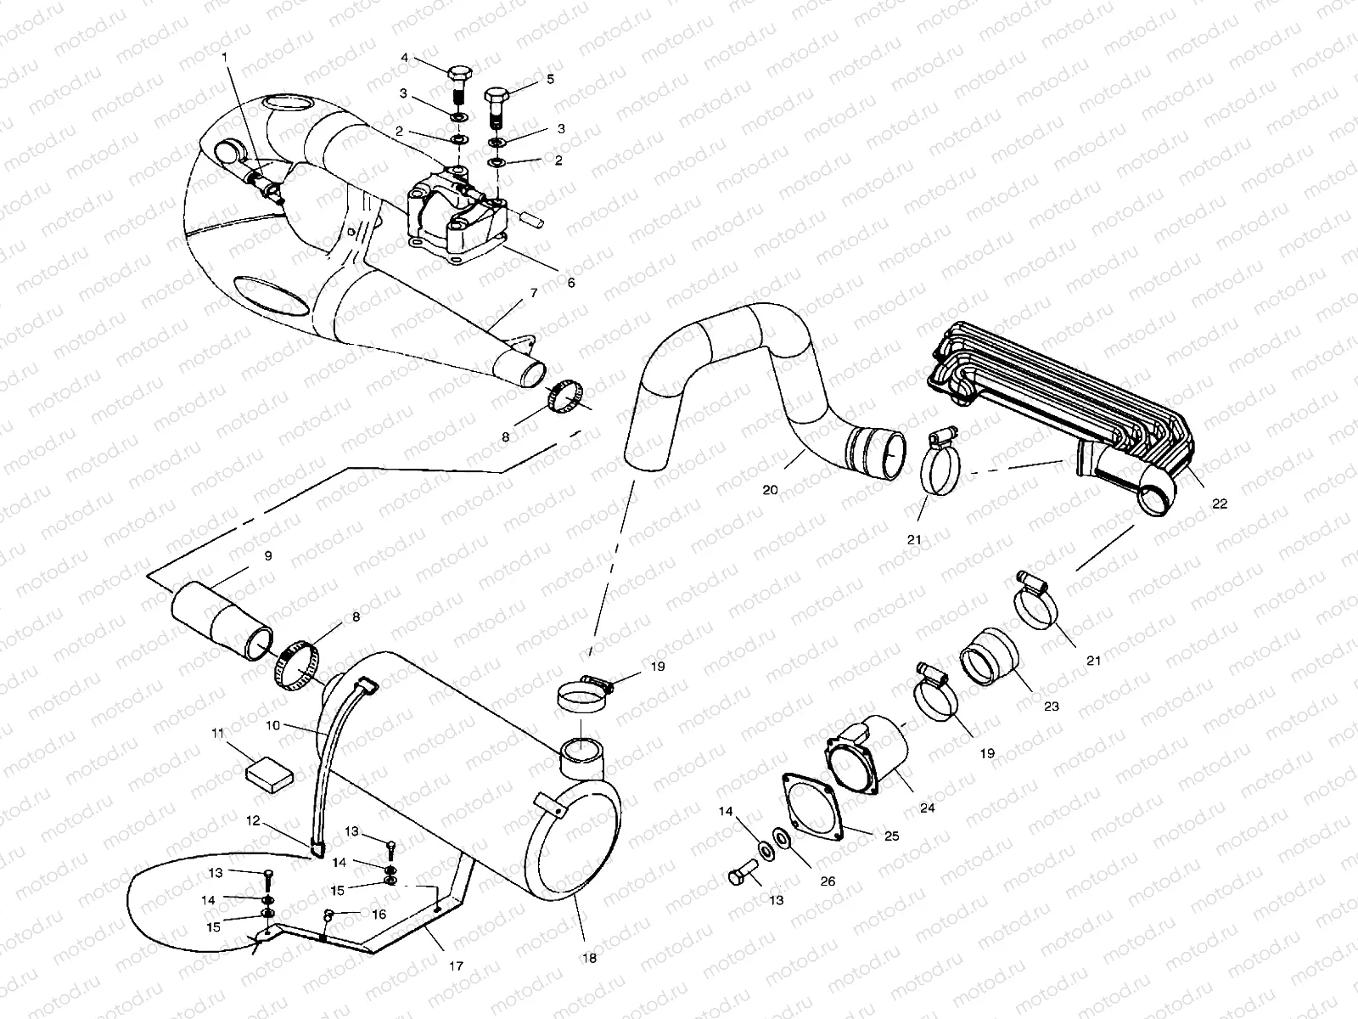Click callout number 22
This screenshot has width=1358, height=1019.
point(1221,504)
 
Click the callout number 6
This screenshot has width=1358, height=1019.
point(571,283)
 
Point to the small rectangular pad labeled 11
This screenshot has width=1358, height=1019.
point(270,774)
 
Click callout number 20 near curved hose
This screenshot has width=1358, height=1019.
point(770,489)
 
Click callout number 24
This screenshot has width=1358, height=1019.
point(928,808)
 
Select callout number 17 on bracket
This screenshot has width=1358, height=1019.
point(456,966)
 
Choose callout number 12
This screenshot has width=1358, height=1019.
point(254,821)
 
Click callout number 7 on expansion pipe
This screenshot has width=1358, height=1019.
point(534,293)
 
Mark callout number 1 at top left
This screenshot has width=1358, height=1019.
point(225,56)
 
